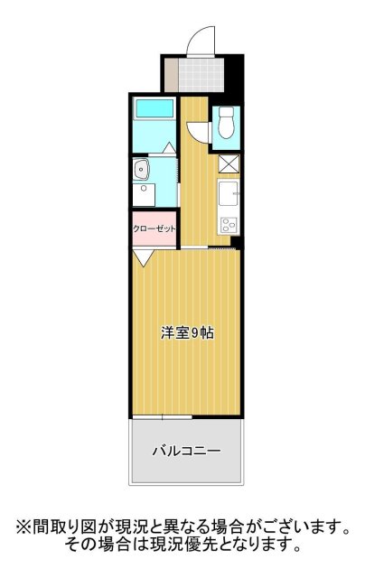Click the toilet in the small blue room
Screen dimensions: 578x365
pos(226,122)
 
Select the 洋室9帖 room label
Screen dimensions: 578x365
pos(187,332)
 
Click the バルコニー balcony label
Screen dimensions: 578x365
pos(186,449)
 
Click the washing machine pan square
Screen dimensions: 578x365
pos(143,195)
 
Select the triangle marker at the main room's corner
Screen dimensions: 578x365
pos(142,257)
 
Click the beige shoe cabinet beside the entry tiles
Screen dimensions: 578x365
pos(170,73)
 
